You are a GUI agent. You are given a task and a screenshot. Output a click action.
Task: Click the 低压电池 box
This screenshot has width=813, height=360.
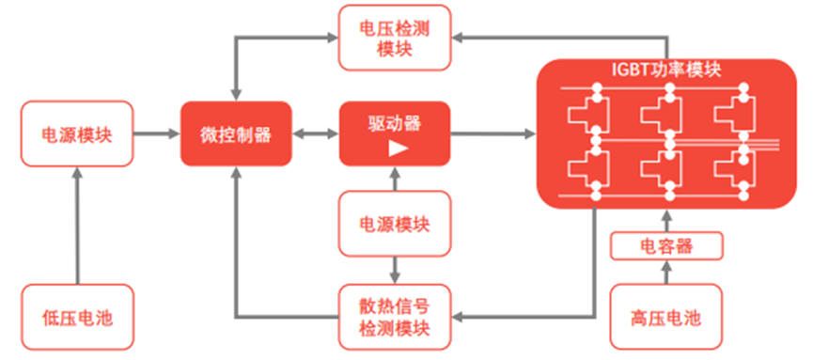point(77,318)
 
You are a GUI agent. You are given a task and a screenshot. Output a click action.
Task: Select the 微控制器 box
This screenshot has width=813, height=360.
point(236,134)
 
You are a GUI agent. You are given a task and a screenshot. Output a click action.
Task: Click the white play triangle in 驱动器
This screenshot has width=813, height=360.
point(397,149)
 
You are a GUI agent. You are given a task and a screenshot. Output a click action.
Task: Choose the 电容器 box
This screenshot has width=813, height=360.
point(667,247)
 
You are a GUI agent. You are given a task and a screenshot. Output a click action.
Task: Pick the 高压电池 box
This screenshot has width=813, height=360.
point(667,318)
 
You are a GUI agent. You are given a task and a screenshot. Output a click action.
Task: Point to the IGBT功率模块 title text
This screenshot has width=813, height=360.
point(666,70)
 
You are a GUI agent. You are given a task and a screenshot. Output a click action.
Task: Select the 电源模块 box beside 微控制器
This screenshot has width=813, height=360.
point(77,134)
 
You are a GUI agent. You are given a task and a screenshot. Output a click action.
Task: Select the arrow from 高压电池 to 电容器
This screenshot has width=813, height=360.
point(667,273)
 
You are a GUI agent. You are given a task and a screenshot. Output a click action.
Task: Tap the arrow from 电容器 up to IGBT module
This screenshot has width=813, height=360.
point(667,222)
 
